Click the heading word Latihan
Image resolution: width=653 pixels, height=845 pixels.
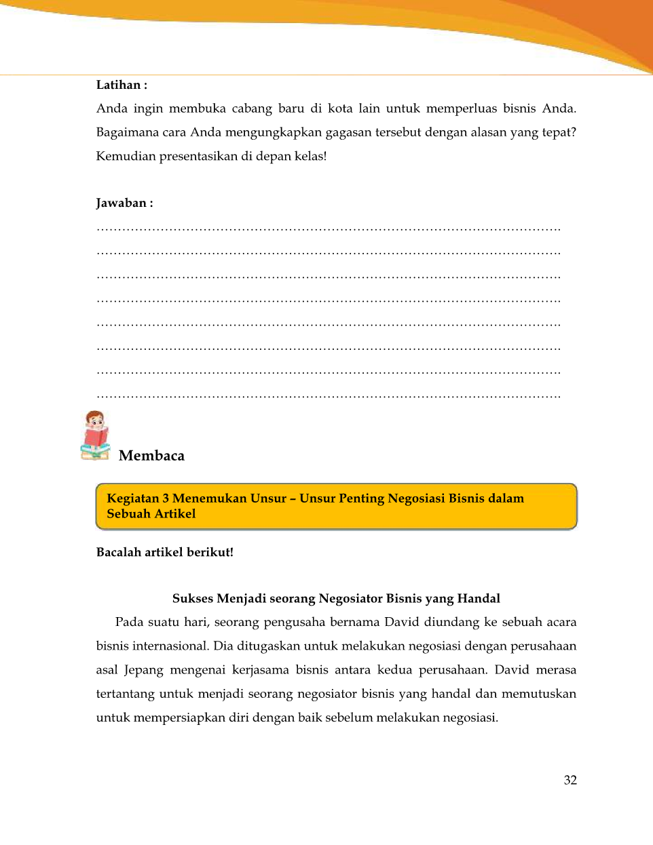point(118,85)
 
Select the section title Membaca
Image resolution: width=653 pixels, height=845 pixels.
point(151,456)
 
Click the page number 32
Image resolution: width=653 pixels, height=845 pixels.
point(570,780)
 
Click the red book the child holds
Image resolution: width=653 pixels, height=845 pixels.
point(96,437)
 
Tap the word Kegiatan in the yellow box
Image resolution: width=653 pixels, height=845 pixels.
point(133,498)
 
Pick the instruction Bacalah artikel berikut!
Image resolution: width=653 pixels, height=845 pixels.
point(165,552)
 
